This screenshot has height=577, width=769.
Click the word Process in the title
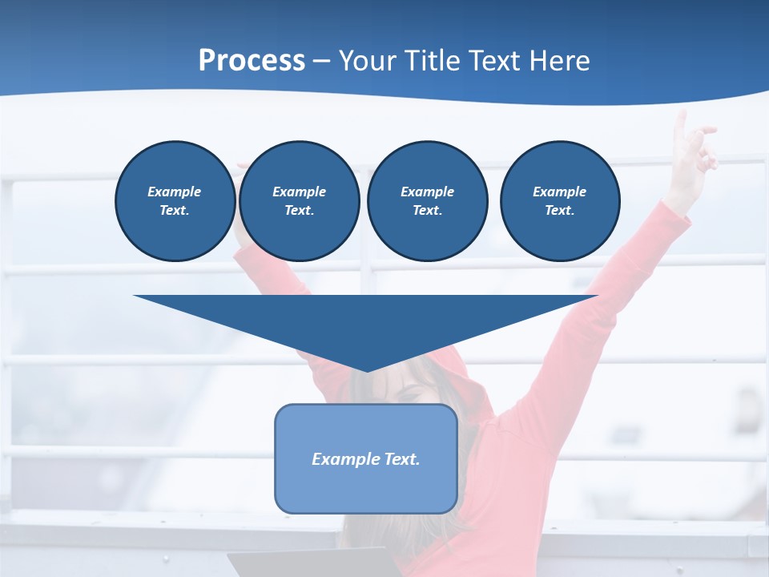(x=252, y=60)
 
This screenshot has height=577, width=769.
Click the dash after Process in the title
(x=322, y=62)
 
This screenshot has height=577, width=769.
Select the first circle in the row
(x=175, y=201)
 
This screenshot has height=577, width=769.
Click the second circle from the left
(x=300, y=201)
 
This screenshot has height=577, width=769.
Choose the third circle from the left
(x=428, y=201)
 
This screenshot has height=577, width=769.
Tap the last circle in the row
(x=560, y=201)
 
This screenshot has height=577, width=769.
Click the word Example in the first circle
(x=175, y=192)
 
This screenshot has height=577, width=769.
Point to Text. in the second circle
(x=300, y=211)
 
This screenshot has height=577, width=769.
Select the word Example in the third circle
(x=427, y=192)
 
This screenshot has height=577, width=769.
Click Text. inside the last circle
(x=560, y=211)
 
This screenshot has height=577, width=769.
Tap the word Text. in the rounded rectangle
(x=401, y=459)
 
